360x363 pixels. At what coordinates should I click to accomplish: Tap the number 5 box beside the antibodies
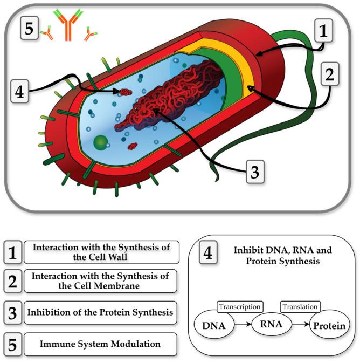(x=29, y=28)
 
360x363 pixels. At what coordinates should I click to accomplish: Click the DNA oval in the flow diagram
(x=213, y=326)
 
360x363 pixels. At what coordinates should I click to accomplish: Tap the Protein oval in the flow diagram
(x=329, y=326)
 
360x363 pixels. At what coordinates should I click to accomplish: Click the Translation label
(x=300, y=307)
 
